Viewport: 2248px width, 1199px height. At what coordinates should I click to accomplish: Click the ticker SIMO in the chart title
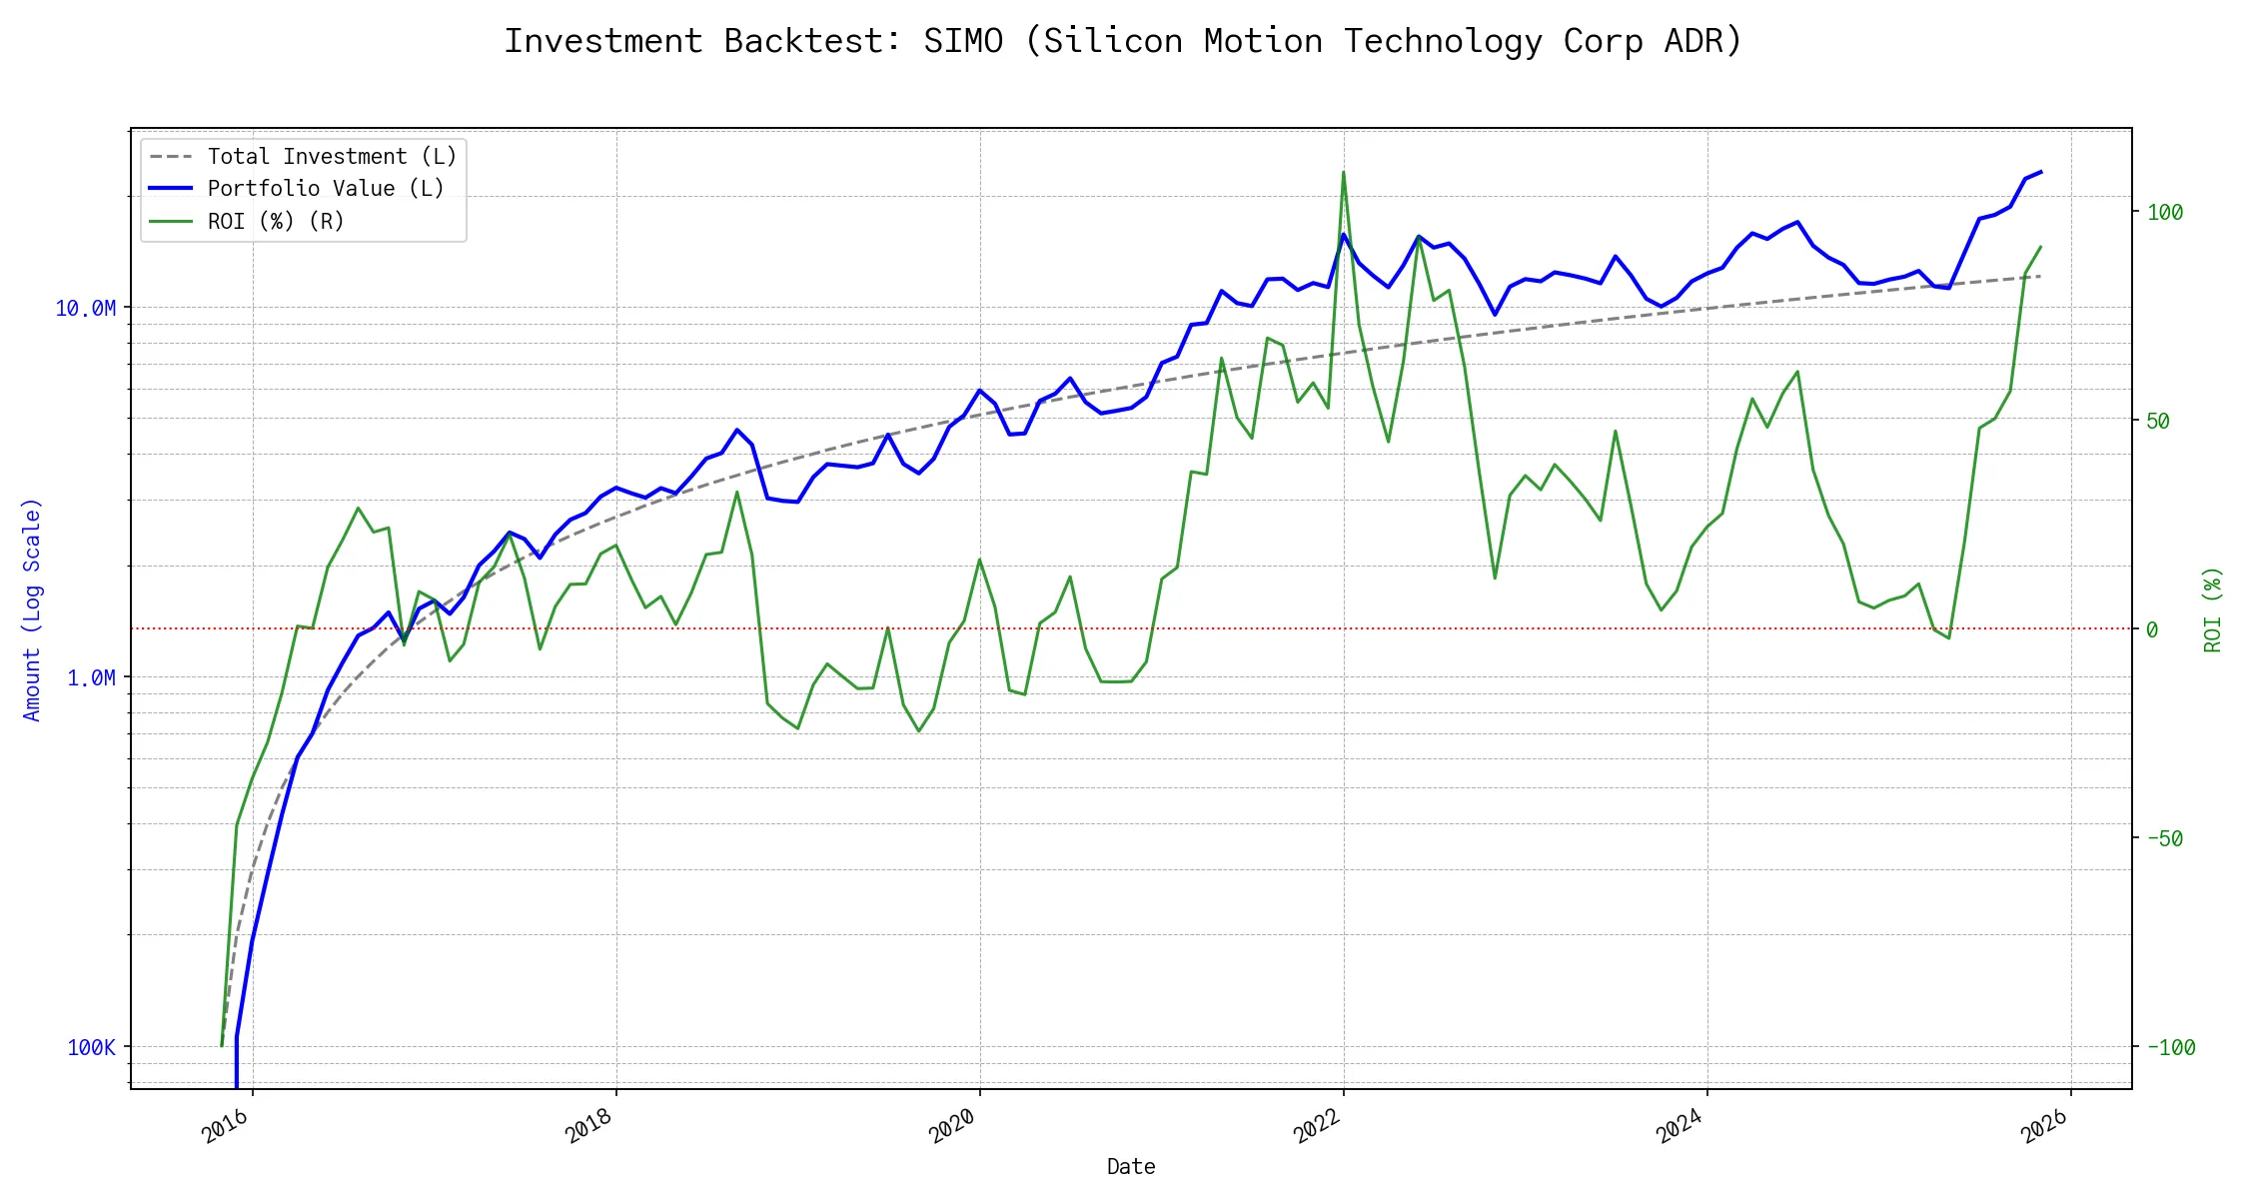[x=962, y=41]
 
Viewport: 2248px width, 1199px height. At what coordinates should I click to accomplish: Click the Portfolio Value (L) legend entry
[x=326, y=189]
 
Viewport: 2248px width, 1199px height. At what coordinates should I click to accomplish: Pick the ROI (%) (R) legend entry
[x=276, y=221]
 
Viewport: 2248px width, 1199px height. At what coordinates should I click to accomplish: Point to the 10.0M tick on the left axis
[x=85, y=308]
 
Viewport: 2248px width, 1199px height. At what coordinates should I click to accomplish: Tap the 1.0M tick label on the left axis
[x=91, y=677]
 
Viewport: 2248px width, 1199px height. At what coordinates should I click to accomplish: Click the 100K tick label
[x=91, y=1047]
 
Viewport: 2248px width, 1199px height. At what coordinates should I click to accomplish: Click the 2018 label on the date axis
[x=590, y=1127]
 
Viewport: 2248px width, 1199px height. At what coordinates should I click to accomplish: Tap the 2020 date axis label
[x=954, y=1127]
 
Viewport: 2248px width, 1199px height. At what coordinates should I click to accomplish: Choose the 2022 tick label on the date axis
[x=1318, y=1127]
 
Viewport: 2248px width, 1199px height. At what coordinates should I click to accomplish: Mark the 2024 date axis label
[x=1682, y=1127]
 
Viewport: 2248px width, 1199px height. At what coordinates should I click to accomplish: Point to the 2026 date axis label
[x=2045, y=1127]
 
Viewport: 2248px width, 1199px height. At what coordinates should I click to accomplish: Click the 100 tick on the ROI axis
[x=2165, y=212]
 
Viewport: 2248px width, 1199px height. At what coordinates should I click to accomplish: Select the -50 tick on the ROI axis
[x=2165, y=838]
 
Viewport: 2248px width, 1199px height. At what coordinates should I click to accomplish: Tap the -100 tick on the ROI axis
[x=2171, y=1047]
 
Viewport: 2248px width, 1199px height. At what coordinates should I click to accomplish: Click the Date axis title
[x=1131, y=1166]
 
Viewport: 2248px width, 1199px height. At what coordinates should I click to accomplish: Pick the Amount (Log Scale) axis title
[x=32, y=608]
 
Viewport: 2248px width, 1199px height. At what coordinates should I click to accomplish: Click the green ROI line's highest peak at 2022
[x=1343, y=172]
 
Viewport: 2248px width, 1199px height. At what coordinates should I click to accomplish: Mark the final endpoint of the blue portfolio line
[x=2040, y=172]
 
